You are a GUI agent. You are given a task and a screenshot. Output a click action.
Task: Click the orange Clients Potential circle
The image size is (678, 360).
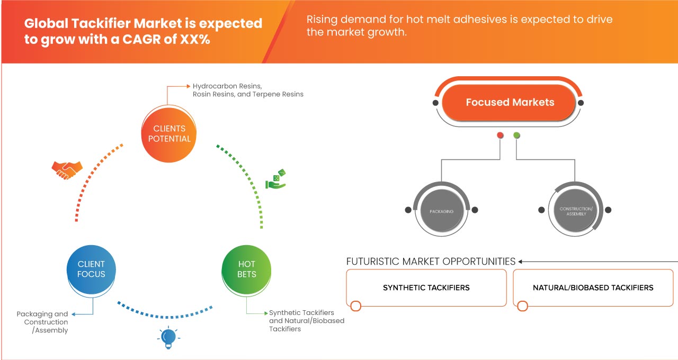[x=169, y=133]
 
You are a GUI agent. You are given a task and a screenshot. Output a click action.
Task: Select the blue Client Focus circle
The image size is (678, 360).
[x=91, y=269]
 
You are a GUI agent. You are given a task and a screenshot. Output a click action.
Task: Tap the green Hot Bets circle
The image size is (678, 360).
[x=246, y=269]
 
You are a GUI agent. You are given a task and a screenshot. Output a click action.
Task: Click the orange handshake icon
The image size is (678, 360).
[x=67, y=169]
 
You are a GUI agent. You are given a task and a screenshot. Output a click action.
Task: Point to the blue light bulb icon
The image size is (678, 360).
[x=168, y=337]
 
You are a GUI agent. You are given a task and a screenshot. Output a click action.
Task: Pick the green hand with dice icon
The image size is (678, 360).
[x=275, y=179]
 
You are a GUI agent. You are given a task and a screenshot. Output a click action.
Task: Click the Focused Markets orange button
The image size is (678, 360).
[x=510, y=103]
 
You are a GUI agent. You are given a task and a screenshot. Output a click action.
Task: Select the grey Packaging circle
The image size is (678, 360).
[x=441, y=211]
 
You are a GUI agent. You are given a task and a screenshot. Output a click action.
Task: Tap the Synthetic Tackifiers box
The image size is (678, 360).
[x=426, y=287]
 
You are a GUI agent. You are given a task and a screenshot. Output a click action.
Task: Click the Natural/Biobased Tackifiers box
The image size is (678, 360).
[x=593, y=287]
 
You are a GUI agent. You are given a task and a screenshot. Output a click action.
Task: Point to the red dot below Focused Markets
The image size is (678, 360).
[x=500, y=136]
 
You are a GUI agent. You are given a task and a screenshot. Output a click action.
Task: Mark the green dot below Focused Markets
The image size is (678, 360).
[x=516, y=136]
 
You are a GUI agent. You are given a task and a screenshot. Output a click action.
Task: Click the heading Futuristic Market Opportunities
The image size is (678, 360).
[x=431, y=262]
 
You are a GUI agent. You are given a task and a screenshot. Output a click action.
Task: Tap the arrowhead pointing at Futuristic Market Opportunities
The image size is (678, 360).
[x=521, y=262]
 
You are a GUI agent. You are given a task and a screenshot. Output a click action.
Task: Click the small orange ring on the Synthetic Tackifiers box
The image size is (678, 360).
[x=356, y=306]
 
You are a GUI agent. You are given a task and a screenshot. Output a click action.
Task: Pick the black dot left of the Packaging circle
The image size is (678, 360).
[x=408, y=210]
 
